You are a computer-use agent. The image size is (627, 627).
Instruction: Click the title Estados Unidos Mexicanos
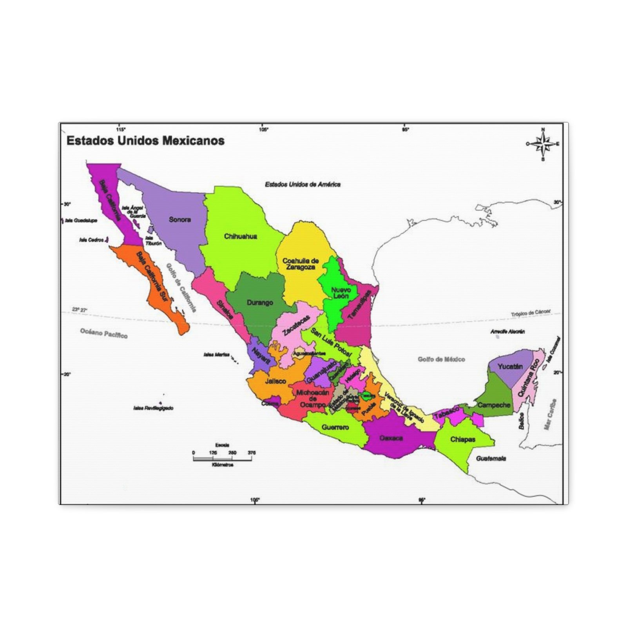(x=145, y=141)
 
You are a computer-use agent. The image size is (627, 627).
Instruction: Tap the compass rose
(x=543, y=144)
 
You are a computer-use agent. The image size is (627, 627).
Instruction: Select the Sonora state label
(x=180, y=219)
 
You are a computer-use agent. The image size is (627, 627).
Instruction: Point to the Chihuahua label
(x=241, y=236)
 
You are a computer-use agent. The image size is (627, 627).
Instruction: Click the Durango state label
(x=260, y=303)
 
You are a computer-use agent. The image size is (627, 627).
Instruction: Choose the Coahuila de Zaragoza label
(x=301, y=264)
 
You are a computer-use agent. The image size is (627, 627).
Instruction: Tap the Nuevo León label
(x=341, y=293)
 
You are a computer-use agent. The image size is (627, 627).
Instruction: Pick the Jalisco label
(x=275, y=381)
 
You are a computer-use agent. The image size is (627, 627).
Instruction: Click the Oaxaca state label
(x=391, y=438)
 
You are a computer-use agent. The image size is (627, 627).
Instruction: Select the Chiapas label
(x=462, y=439)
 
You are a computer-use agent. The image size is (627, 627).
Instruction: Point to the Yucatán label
(x=510, y=367)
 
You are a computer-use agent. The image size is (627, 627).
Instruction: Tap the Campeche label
(x=494, y=405)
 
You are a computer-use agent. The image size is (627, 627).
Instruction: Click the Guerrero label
(x=335, y=427)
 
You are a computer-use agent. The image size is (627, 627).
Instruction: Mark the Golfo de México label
(x=441, y=359)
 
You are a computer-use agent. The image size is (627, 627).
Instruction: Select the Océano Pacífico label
(x=104, y=333)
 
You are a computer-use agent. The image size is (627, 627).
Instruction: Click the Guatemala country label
(x=491, y=458)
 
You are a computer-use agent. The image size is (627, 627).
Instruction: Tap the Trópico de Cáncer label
(x=531, y=313)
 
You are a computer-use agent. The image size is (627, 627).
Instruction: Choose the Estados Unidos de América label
(x=303, y=184)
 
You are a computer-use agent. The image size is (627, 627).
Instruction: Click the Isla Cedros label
(x=91, y=240)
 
